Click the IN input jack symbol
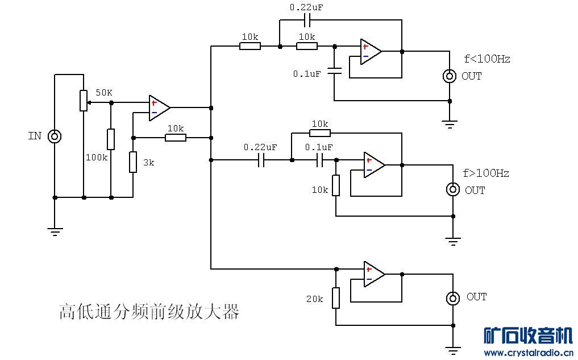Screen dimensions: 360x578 coord(55,136)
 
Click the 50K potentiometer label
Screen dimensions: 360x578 coord(104,92)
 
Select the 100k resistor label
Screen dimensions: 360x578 coord(97,157)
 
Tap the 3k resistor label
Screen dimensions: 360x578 coord(148,162)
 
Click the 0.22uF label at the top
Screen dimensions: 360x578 coord(306,8)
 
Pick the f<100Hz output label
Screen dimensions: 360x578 coord(487,59)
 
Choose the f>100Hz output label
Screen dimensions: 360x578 coord(486,173)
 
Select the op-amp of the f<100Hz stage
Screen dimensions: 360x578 coord(370,51)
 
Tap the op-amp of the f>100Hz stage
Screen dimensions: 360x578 coord(374,164)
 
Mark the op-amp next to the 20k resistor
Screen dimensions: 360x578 coord(374,274)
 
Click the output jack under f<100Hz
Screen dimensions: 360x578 coord(450,76)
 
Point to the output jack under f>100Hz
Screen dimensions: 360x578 coord(453,189)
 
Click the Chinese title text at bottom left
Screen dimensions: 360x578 coord(149,312)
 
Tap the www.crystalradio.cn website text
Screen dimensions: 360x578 coord(528,353)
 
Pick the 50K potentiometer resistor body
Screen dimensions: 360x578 coord(84,101)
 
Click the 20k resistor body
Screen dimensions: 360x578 coord(336,297)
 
